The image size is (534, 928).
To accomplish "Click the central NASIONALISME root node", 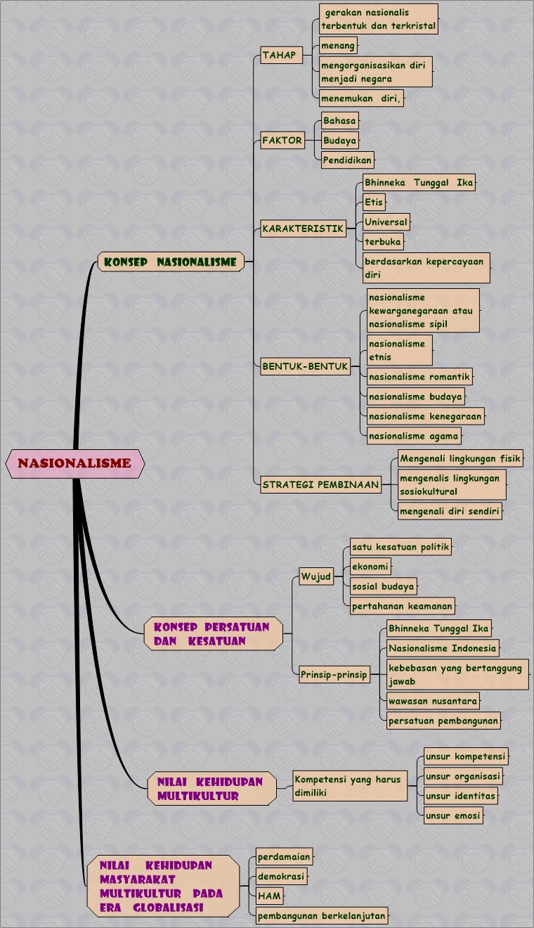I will point(74,464).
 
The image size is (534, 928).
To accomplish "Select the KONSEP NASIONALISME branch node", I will point(171,262).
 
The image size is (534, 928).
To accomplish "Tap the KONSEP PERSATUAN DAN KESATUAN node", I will point(213,633).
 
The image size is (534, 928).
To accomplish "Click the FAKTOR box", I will point(282,141).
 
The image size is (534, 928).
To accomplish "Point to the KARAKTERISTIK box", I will point(303,228).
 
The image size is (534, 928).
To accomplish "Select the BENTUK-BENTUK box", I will point(305,366).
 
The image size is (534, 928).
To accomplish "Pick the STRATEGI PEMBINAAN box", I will point(320,484).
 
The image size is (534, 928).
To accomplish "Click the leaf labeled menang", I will point(338,46).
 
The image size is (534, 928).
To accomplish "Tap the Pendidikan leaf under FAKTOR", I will point(347,160).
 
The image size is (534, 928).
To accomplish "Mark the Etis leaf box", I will point(374,202).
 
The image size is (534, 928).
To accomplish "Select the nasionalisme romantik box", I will point(419,377).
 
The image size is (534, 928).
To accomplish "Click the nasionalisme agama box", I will point(414,436).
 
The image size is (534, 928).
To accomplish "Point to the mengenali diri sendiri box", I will point(450,512).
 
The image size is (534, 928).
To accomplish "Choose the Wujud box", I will point(316,577).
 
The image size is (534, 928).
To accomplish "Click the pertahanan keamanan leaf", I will point(403,606).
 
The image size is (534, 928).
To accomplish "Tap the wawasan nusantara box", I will point(433,700).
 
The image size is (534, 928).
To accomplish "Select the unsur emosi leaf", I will point(453,816).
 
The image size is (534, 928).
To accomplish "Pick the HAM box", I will point(269,896).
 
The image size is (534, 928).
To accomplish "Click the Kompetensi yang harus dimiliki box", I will point(349,786).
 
